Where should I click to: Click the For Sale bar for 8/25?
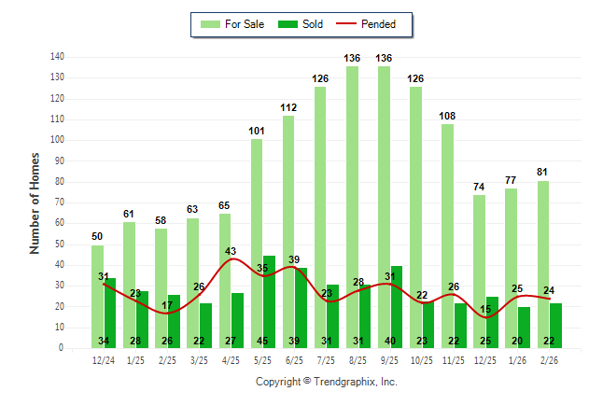[x=352, y=205]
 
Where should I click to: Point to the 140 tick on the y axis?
[x=57, y=57]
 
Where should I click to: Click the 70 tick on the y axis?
[x=59, y=202]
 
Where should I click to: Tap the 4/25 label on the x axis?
[x=231, y=360]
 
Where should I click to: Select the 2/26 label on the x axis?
[x=549, y=360]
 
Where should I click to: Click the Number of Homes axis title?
[x=35, y=202]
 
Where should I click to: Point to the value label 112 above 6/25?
[x=288, y=108]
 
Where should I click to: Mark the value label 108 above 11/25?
[x=447, y=116]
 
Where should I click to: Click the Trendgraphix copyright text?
[x=326, y=382]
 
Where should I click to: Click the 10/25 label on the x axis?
[x=422, y=360]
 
